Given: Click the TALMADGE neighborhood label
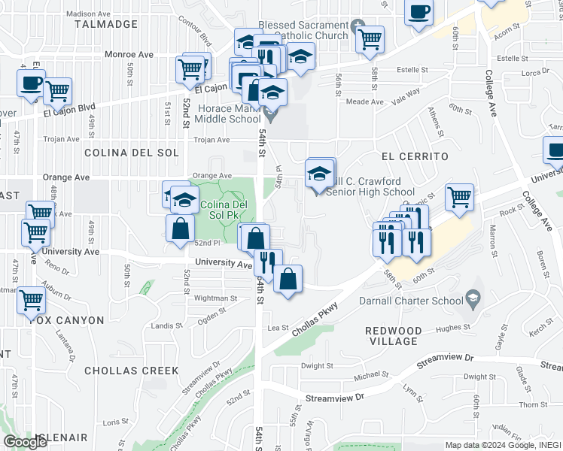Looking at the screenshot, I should click(105, 24).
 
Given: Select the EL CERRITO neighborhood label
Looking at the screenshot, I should click(415, 156).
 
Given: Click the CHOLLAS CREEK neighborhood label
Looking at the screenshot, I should click(132, 371).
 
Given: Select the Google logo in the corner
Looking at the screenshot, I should click(25, 441).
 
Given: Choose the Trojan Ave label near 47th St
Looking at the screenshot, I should click(62, 139).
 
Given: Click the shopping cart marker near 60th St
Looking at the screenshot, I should click(459, 197).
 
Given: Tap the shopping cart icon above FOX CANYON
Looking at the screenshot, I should click(31, 300).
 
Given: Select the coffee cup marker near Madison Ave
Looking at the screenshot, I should click(418, 12).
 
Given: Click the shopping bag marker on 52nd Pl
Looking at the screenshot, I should click(180, 229).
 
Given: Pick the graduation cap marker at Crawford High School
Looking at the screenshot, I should click(320, 174).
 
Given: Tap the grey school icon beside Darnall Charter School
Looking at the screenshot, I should click(473, 299).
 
